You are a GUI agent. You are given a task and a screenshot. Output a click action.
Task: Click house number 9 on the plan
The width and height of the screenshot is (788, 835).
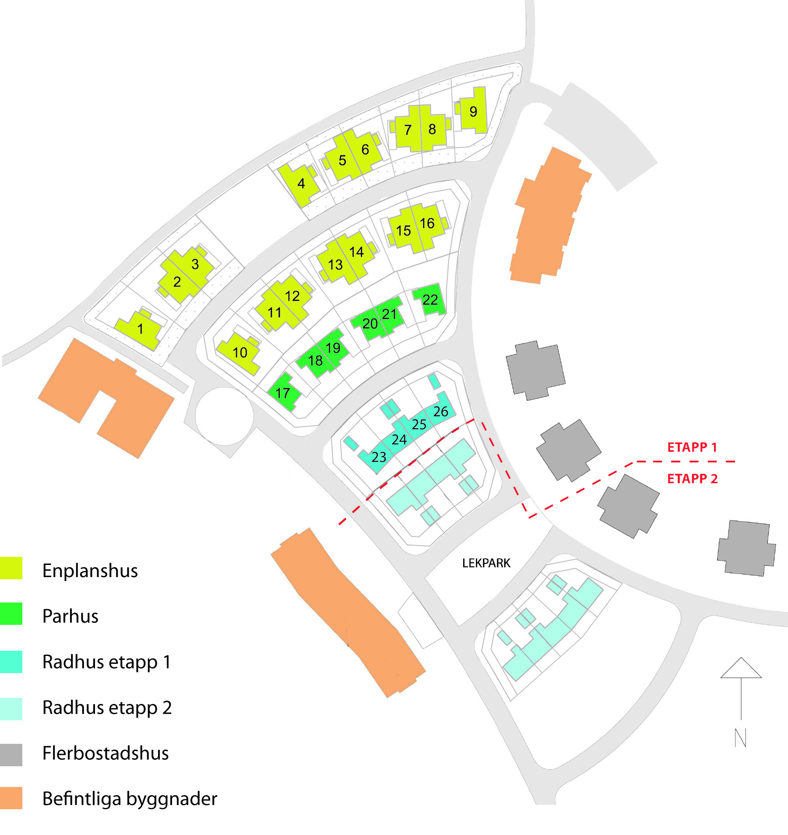tap(473, 112)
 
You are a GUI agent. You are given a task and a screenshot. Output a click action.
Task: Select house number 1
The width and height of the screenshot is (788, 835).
tap(140, 329)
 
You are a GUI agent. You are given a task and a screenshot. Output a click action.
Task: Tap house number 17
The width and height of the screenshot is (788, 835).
tap(283, 393)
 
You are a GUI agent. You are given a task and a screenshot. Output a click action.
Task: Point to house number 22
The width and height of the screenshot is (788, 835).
tap(430, 300)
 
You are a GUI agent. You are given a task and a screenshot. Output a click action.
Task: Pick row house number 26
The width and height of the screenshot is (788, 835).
tap(441, 412)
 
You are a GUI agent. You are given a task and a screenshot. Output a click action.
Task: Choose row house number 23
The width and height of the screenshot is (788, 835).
tap(379, 457)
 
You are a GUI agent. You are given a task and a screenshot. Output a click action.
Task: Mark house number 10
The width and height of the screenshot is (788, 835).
tap(240, 352)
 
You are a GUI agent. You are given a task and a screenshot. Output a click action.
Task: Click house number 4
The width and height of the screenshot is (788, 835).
tap(301, 183)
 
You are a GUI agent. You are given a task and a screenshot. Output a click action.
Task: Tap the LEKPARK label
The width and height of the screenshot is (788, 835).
tap(486, 563)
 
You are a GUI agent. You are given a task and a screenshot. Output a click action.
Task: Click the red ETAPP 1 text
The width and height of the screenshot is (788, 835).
tap(692, 447)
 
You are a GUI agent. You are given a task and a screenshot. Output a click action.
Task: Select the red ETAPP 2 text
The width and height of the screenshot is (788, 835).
tap(692, 479)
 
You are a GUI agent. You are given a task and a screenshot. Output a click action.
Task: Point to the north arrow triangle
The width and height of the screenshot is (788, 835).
tap(741, 669)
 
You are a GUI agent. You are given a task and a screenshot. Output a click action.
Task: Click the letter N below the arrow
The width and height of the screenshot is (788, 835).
tap(740, 738)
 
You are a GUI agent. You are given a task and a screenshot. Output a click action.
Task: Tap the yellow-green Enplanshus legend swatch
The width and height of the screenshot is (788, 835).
tap(11, 568)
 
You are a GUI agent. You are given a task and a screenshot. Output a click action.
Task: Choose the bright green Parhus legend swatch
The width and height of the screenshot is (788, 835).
tap(11, 614)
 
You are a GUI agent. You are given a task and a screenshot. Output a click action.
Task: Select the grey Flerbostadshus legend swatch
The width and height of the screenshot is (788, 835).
tap(11, 754)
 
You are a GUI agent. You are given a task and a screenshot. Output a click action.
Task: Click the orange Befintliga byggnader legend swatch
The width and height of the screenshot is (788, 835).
tap(11, 798)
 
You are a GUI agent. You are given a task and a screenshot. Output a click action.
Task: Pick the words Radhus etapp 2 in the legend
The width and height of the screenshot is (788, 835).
tap(107, 708)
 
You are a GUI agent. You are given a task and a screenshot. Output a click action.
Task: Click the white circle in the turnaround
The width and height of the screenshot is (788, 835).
tap(224, 416)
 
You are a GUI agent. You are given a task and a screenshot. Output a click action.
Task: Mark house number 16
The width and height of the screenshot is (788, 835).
tap(427, 224)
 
